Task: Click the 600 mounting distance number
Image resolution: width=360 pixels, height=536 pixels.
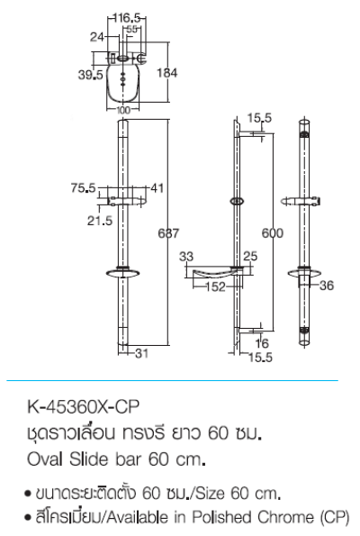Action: tap(273, 232)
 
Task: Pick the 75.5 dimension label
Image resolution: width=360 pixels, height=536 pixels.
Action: tap(83, 187)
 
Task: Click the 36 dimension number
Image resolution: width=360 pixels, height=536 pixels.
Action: tap(328, 286)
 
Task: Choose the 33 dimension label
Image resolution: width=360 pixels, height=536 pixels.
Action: tap(186, 257)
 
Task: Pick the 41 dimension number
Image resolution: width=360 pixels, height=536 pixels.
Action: tap(157, 187)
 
